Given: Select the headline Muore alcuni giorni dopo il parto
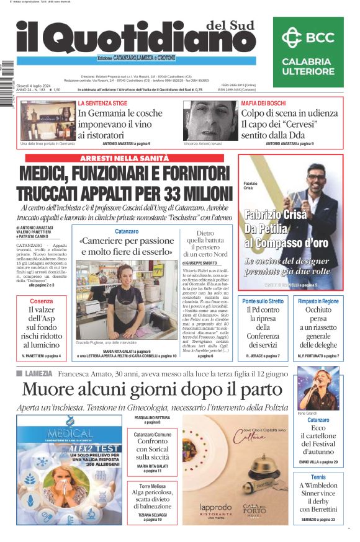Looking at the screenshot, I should tap(152, 389).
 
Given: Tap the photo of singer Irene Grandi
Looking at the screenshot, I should tap(318, 388).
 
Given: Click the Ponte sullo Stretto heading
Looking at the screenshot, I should tap(263, 301).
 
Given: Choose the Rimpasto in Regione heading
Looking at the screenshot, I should tap(318, 301).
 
